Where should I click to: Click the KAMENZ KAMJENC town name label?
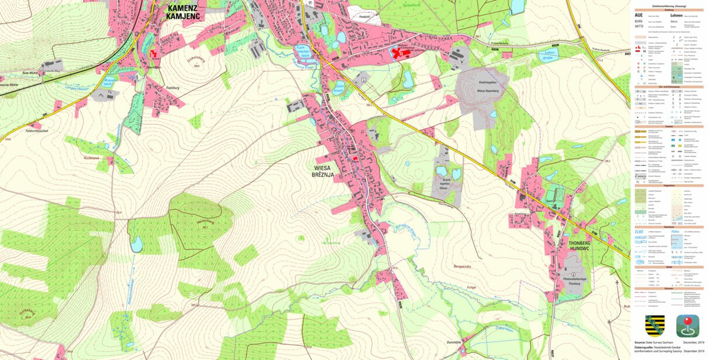pyautogui.click(x=184, y=12)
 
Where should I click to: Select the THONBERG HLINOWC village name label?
pyautogui.click(x=566, y=247)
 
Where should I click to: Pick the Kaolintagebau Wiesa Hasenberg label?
pyautogui.click(x=489, y=88)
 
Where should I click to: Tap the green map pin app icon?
pyautogui.click(x=687, y=325)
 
